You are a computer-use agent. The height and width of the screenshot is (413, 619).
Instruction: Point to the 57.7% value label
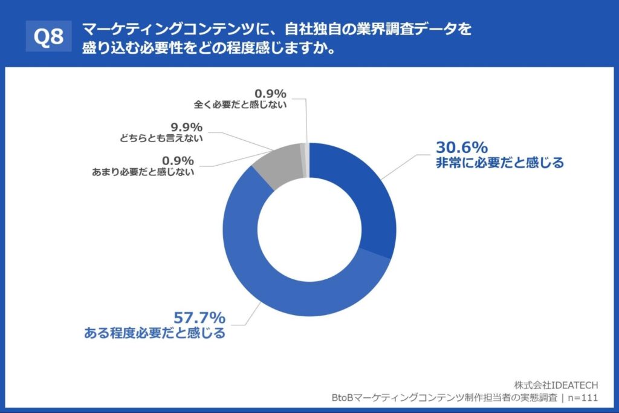199,317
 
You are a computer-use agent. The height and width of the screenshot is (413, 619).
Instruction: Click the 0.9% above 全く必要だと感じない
270,93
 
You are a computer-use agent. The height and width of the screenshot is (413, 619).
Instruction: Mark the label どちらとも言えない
161,138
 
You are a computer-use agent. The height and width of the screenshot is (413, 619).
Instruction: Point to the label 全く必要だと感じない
240,104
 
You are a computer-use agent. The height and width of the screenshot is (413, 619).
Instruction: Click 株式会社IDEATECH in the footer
556,385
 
